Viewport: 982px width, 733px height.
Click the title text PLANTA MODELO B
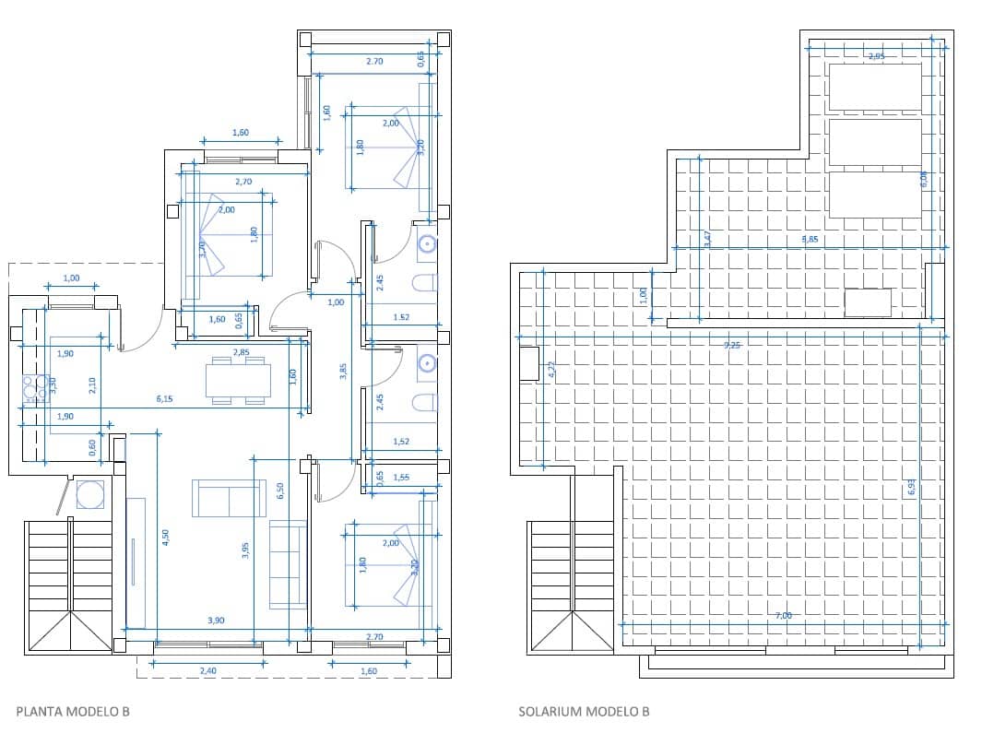pos(73,711)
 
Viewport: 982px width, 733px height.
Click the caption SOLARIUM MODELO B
pos(584,711)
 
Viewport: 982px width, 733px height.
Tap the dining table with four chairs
pos(238,380)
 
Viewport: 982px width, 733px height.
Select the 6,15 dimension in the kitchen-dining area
pos(165,399)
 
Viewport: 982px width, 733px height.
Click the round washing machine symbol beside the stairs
pos(89,495)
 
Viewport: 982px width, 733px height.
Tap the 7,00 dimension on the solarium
pos(784,616)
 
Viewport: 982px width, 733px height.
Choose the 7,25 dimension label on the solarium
pos(732,345)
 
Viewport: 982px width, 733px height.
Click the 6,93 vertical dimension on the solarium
pos(911,487)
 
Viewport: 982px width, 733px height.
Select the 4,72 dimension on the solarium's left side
pos(551,369)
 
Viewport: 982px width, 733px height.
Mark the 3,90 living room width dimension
pos(216,621)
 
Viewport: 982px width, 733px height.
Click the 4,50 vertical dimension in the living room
pos(166,538)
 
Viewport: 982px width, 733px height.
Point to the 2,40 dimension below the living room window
pos(208,671)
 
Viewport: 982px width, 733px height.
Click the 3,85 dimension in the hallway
pos(343,370)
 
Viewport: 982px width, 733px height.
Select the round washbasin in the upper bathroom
pos(426,244)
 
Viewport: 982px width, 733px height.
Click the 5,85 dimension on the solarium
pos(810,239)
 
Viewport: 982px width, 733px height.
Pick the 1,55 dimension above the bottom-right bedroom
pos(401,477)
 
